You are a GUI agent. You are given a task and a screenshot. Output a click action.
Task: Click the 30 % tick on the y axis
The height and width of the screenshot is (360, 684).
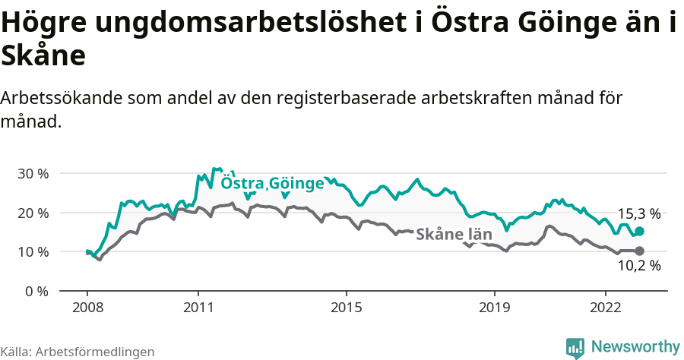tap(32, 173)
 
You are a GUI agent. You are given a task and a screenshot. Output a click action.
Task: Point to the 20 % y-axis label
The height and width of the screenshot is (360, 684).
tap(32, 213)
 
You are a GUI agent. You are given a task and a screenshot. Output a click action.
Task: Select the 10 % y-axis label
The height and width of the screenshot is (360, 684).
tap(32, 251)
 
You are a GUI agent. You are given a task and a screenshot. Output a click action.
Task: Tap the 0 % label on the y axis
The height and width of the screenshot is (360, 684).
tap(36, 291)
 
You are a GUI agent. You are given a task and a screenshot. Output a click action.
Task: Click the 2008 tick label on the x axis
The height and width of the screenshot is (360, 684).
tap(87, 308)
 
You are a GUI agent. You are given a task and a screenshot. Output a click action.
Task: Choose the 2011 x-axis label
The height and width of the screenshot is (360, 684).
tap(198, 308)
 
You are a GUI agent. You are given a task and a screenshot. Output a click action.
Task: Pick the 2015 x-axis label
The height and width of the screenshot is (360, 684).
tap(346, 308)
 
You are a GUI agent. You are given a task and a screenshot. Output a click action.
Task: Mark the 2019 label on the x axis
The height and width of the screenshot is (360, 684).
tap(494, 308)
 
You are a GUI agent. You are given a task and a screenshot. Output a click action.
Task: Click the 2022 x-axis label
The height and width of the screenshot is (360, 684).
tap(605, 308)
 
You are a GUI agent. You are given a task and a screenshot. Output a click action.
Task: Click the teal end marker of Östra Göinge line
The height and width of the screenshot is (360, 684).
tap(639, 231)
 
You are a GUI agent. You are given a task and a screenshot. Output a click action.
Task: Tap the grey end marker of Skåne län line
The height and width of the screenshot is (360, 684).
tap(639, 251)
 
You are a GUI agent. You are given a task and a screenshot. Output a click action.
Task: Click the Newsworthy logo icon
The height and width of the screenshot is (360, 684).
tap(575, 347)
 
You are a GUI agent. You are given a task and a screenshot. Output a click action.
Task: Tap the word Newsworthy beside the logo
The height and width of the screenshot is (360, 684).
tap(635, 347)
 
